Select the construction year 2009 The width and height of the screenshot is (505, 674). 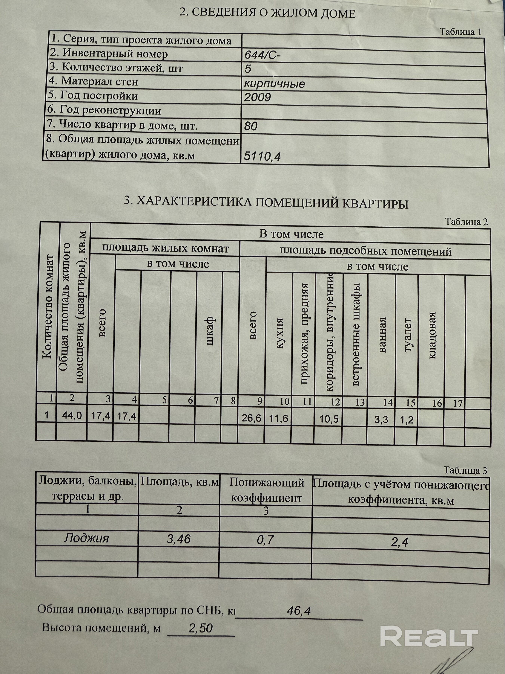(x=257, y=97)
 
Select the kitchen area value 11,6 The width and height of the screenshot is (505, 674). (x=279, y=418)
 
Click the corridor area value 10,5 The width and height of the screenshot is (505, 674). (x=329, y=419)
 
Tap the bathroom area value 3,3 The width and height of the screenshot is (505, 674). (x=381, y=420)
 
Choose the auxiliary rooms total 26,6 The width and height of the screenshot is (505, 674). (x=251, y=418)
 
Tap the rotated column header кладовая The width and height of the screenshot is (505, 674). (x=432, y=335)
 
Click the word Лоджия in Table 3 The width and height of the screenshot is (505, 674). (x=86, y=538)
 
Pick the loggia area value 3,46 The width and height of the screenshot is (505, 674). (x=179, y=539)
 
